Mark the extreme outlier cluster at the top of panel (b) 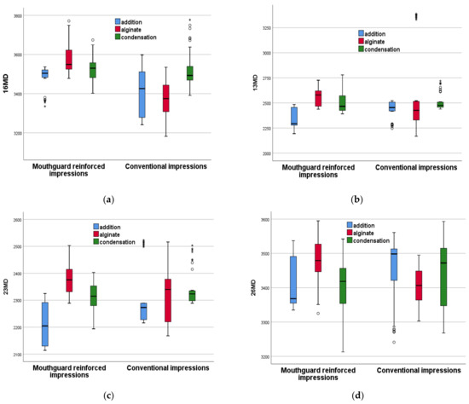(x=416, y=16)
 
